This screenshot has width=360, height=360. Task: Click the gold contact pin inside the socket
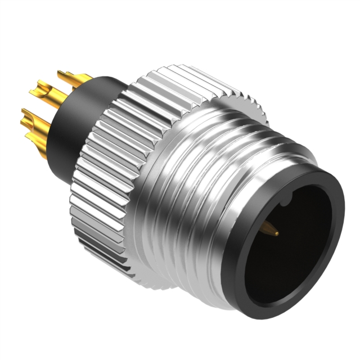[271, 228]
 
